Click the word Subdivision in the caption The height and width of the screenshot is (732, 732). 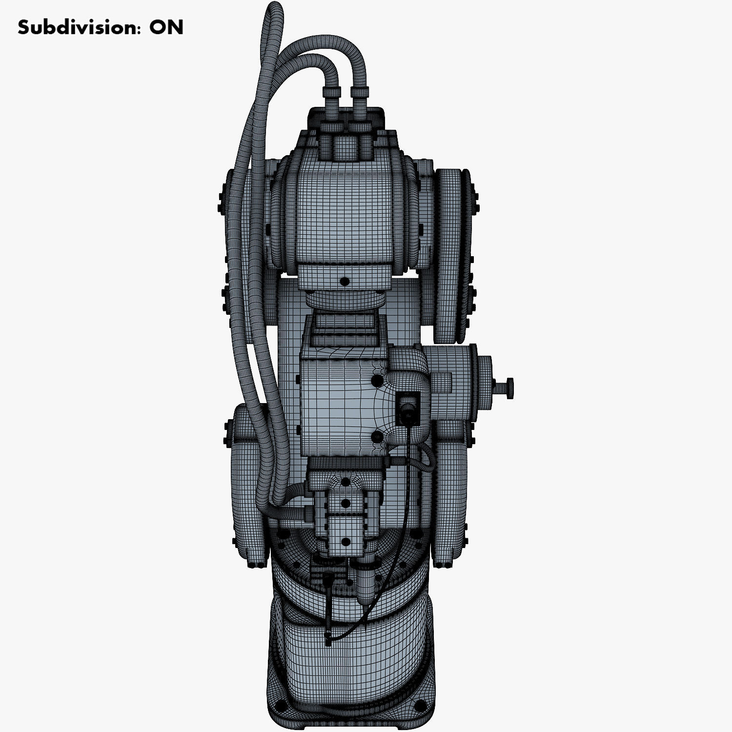click(x=73, y=27)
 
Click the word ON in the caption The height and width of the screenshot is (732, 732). click(x=166, y=27)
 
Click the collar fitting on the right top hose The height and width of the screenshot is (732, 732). click(x=360, y=92)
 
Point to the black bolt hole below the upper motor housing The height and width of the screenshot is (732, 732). click(x=345, y=282)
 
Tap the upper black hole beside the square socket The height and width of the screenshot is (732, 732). click(x=376, y=380)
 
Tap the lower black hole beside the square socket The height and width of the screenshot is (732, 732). click(x=376, y=436)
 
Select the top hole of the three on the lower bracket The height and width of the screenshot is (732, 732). click(x=346, y=483)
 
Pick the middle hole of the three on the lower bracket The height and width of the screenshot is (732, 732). click(x=346, y=503)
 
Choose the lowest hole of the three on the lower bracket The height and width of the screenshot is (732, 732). click(x=346, y=541)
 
